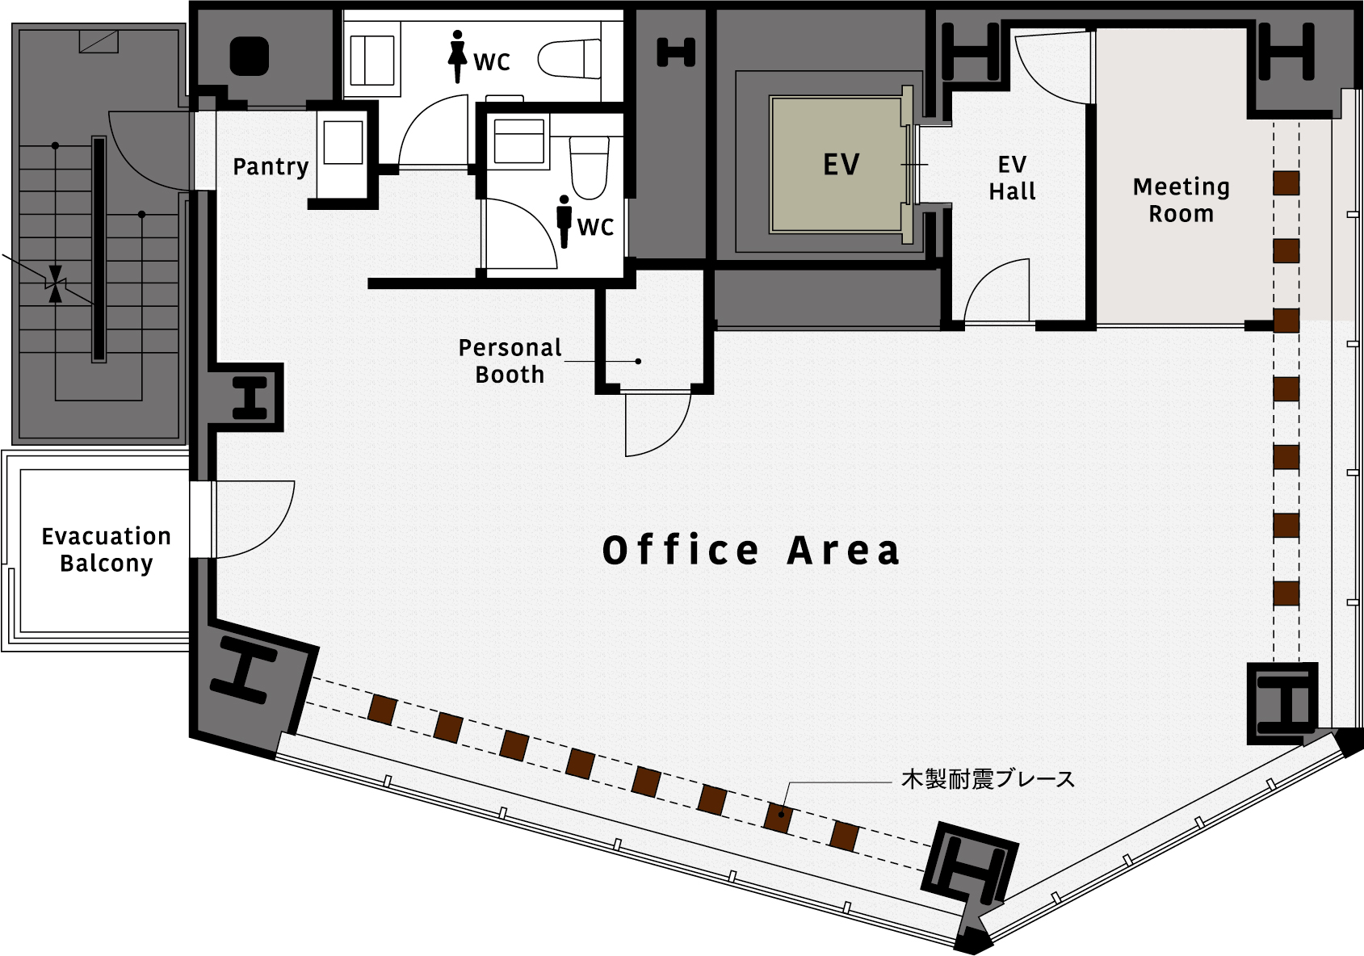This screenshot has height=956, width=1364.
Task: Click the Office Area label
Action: point(750,550)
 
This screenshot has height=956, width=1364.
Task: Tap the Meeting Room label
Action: point(1181,199)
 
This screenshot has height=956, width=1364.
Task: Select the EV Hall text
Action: point(1012,178)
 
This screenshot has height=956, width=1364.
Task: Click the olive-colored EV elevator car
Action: point(836,165)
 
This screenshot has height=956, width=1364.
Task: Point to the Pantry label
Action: point(271,166)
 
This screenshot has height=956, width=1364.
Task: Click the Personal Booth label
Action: point(510,361)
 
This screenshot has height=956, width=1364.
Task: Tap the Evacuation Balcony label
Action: point(106,550)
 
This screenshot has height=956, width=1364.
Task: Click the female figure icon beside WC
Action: point(457,57)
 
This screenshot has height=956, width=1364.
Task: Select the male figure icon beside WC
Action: point(564,222)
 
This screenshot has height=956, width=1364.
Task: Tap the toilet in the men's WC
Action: point(589,168)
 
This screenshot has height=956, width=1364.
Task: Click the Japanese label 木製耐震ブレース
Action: point(988,779)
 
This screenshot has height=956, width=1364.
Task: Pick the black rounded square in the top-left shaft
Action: point(249,56)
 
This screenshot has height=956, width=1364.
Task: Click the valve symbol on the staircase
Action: point(56,283)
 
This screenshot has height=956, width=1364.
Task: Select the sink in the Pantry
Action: point(343,142)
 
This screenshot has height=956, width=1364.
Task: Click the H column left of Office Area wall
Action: point(250,397)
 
